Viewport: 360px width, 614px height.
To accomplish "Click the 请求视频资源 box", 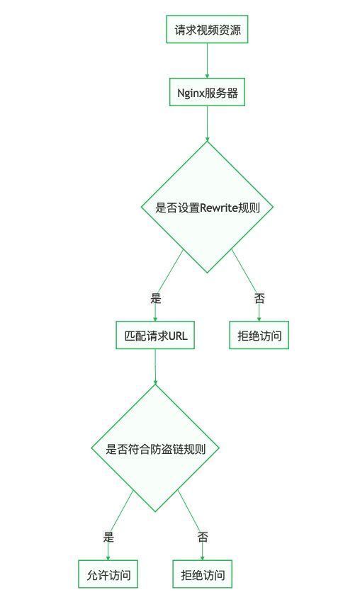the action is [x=207, y=29].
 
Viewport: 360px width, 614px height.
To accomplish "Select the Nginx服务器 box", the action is [x=207, y=92].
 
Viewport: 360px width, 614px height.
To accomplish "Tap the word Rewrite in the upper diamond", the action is [x=219, y=207].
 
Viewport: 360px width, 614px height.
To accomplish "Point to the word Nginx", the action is [x=188, y=93].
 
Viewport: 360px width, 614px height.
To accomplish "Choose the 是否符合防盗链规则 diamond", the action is [x=155, y=448].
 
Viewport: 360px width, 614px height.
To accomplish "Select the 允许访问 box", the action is [x=108, y=574].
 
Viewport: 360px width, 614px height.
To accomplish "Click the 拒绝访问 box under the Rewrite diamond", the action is [x=259, y=335].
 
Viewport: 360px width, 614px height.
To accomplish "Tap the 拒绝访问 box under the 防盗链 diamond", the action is [x=203, y=574].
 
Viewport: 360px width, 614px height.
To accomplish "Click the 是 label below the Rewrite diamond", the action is [x=155, y=299].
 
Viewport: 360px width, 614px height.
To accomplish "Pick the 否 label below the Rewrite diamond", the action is [x=259, y=299].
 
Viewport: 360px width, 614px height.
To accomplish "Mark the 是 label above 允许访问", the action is [x=108, y=537].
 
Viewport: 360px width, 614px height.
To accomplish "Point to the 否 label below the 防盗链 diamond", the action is [x=203, y=537].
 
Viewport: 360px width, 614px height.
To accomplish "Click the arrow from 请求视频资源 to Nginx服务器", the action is [x=207, y=61].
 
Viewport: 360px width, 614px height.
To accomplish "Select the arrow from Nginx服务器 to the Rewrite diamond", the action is [x=207, y=124].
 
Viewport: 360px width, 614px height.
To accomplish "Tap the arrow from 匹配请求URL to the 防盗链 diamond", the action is [x=155, y=367].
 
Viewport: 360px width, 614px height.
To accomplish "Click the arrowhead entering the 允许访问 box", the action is [x=108, y=557].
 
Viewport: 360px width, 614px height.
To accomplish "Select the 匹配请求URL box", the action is [x=155, y=335].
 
